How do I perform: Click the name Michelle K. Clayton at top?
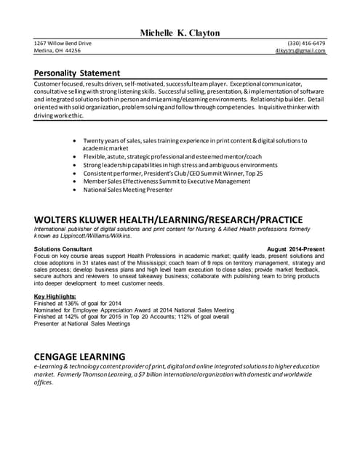pos(180,33)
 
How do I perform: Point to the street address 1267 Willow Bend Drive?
pos(63,43)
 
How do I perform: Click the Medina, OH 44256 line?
pos(57,51)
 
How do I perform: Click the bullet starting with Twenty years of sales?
pos(195,139)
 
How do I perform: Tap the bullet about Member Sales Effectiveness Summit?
pos(167,181)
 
